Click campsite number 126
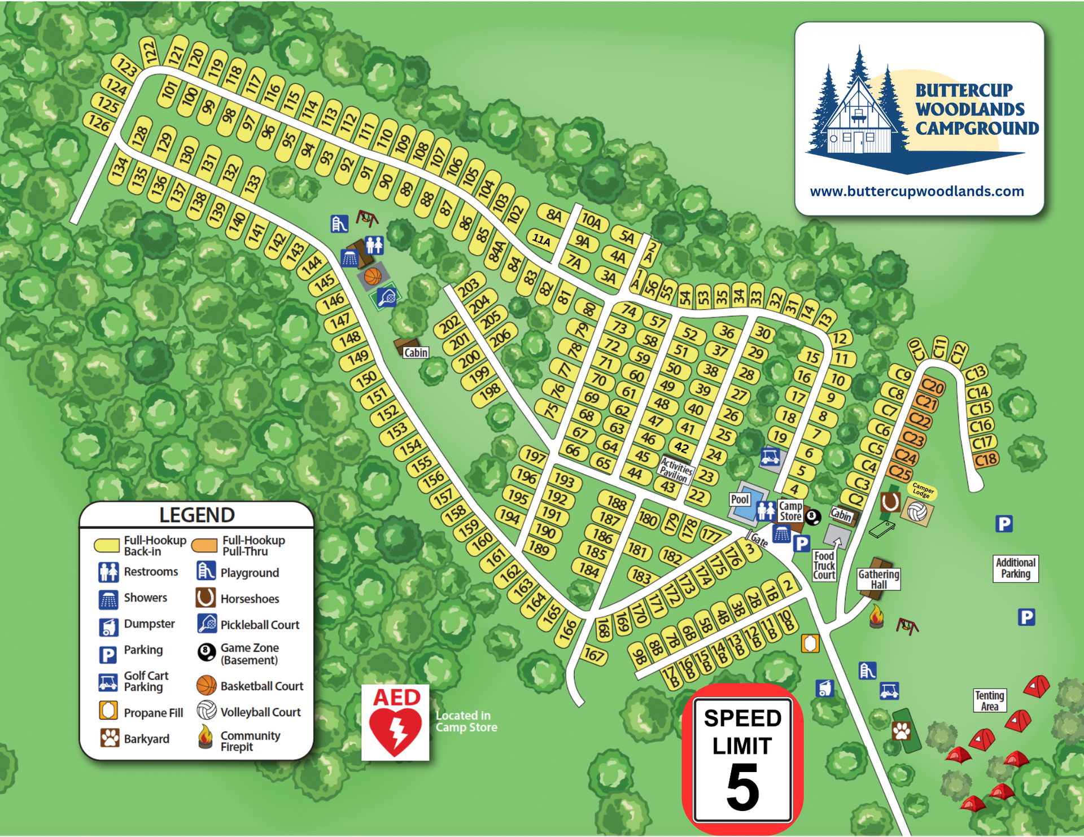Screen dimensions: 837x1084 coord(98,123)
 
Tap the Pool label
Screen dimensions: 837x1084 coord(740,499)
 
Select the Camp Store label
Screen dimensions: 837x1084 coord(790,511)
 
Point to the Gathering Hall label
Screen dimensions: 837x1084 coord(878,579)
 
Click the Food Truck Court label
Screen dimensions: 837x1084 coord(824,565)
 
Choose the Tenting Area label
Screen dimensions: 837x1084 coord(989,700)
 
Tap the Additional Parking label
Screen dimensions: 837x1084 coord(1015,568)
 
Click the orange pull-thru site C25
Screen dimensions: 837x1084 coord(900,472)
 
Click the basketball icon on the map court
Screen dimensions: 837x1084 coord(373,277)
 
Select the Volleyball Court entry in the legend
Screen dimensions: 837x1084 coord(260,712)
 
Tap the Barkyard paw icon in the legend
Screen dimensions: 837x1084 coord(110,738)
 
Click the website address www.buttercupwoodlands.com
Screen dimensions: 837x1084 coord(916,191)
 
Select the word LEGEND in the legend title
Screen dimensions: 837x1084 coord(196,515)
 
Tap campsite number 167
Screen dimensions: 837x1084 coord(594,655)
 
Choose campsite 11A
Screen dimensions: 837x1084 coord(541,240)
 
